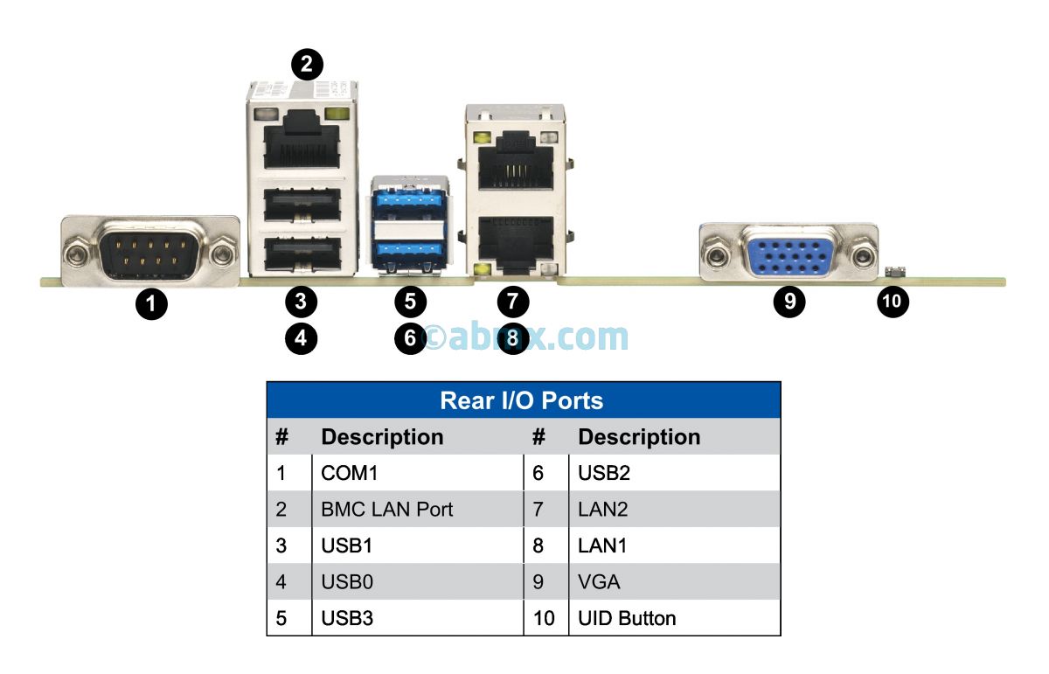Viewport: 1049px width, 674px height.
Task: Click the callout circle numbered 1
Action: tap(152, 304)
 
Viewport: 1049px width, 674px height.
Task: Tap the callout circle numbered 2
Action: tap(306, 63)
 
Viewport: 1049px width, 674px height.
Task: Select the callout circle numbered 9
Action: tap(789, 302)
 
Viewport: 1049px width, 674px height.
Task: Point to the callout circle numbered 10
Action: tap(893, 302)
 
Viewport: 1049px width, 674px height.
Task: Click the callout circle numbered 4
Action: tap(301, 337)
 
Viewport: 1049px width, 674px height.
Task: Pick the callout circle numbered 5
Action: tap(409, 302)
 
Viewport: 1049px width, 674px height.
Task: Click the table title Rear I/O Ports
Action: tap(522, 401)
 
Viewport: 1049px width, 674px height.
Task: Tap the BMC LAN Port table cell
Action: tap(386, 509)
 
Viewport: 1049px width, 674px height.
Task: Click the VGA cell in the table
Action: tap(599, 581)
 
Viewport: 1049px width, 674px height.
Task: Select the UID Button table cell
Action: tap(627, 618)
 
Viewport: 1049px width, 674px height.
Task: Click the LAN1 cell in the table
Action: tap(602, 545)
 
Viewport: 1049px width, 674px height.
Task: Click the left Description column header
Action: tap(382, 437)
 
